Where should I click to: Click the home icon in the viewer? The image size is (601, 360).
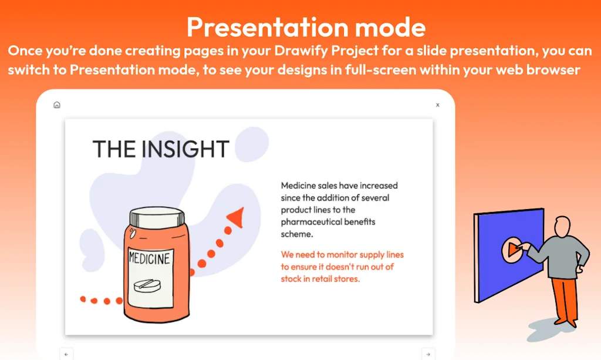[57, 105]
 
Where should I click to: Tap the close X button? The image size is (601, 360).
[438, 105]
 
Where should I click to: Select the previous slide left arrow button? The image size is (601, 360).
[66, 354]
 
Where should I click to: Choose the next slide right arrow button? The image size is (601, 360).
[428, 354]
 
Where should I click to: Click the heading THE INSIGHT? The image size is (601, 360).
[161, 149]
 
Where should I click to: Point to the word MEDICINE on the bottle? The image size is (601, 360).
[150, 258]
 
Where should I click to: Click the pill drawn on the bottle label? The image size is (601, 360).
[147, 285]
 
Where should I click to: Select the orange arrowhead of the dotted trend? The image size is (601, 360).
[236, 217]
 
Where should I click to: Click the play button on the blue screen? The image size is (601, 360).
[512, 250]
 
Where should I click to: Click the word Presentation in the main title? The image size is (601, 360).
[267, 27]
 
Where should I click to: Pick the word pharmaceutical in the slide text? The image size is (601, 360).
[311, 222]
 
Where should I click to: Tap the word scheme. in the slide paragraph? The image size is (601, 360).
[297, 234]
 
